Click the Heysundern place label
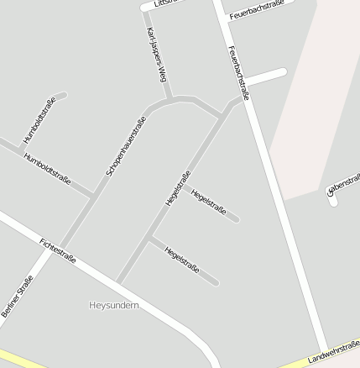pos(114,305)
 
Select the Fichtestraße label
pos(58,250)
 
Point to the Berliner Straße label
pos(17,297)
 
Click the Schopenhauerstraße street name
pos(126,145)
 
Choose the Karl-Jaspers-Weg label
pos(155,54)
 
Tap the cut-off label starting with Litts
pos(163,3)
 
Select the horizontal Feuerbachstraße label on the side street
pos(256,10)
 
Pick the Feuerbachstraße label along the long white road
pos(238,72)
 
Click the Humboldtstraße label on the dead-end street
pos(39,120)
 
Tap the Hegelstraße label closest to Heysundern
pos(182,260)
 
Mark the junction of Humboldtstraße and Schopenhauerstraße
pos(91,196)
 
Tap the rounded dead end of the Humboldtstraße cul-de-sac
pos(61,96)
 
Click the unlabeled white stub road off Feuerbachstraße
pos(267,76)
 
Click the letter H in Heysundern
pos(92,305)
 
